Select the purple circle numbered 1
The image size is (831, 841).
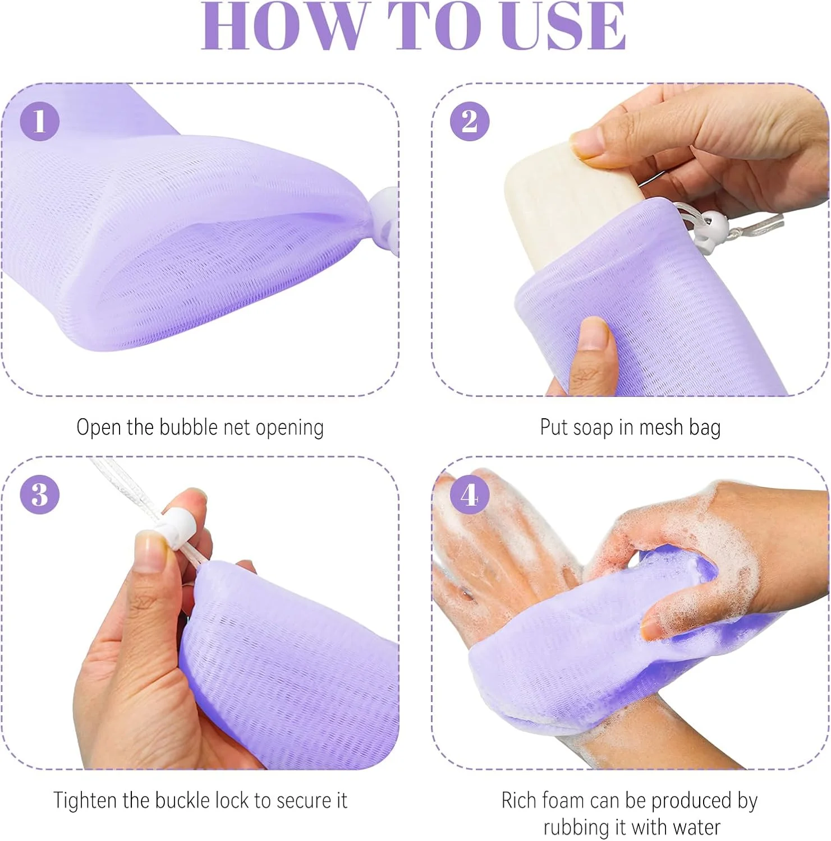40,121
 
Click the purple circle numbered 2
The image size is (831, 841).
470,121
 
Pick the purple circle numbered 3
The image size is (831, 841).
40,494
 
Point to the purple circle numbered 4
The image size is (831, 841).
470,494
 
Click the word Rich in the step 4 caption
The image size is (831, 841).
520,800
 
